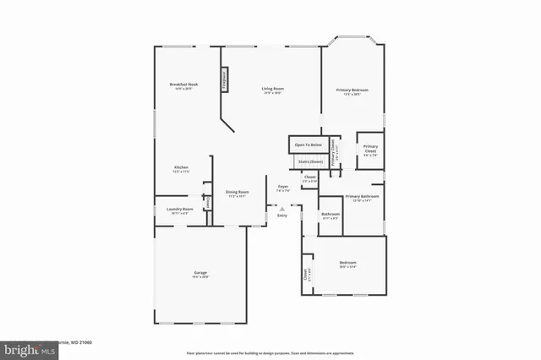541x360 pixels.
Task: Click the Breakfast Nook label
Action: click(x=183, y=85)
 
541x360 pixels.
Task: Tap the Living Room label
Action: click(x=272, y=89)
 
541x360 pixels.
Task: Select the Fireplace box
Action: click(x=224, y=79)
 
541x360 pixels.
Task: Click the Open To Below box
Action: click(x=309, y=145)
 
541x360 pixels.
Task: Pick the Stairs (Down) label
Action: click(x=309, y=161)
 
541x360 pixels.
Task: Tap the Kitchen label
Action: click(x=182, y=168)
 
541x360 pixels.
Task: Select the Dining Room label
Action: click(x=237, y=193)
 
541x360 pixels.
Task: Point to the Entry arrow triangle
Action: click(x=270, y=208)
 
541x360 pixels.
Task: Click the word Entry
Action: click(x=282, y=215)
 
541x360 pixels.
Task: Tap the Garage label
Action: click(x=200, y=273)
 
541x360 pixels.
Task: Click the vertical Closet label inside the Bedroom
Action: click(x=306, y=275)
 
